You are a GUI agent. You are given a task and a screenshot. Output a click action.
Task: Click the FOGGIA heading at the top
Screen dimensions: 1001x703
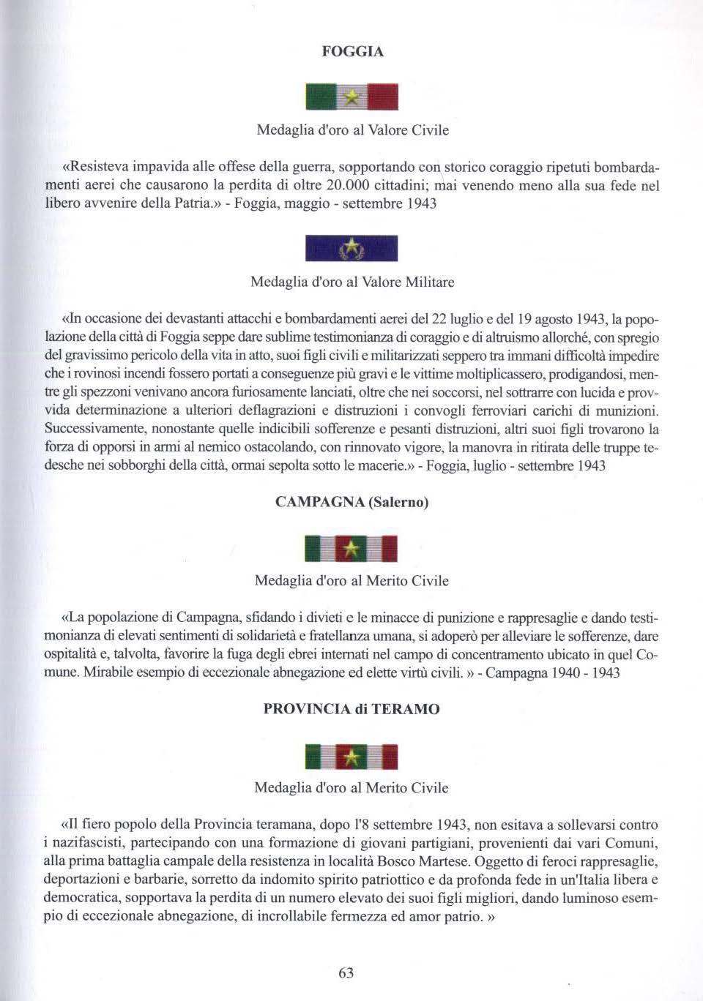point(352,52)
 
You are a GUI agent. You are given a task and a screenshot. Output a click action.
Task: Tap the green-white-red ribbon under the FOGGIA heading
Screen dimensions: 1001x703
point(351,97)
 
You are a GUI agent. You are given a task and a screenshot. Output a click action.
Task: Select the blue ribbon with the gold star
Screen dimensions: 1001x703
point(351,248)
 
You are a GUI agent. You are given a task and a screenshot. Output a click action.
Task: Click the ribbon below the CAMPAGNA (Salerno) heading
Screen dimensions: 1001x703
point(351,548)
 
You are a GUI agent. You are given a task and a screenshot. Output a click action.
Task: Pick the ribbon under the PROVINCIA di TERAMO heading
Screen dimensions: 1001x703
point(351,757)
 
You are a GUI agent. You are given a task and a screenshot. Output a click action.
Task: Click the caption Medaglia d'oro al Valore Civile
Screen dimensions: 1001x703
point(352,130)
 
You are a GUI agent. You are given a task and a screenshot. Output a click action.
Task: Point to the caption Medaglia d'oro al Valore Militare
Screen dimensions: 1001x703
point(352,282)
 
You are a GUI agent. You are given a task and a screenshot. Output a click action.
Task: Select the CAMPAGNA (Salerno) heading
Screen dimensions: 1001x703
point(351,502)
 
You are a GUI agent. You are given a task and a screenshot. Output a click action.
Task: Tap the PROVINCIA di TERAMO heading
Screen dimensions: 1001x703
point(351,709)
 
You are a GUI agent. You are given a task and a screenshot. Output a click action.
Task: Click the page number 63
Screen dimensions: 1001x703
point(346,972)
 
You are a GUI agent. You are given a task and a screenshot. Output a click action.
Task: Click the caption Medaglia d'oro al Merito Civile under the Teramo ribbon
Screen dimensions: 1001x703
point(351,788)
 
